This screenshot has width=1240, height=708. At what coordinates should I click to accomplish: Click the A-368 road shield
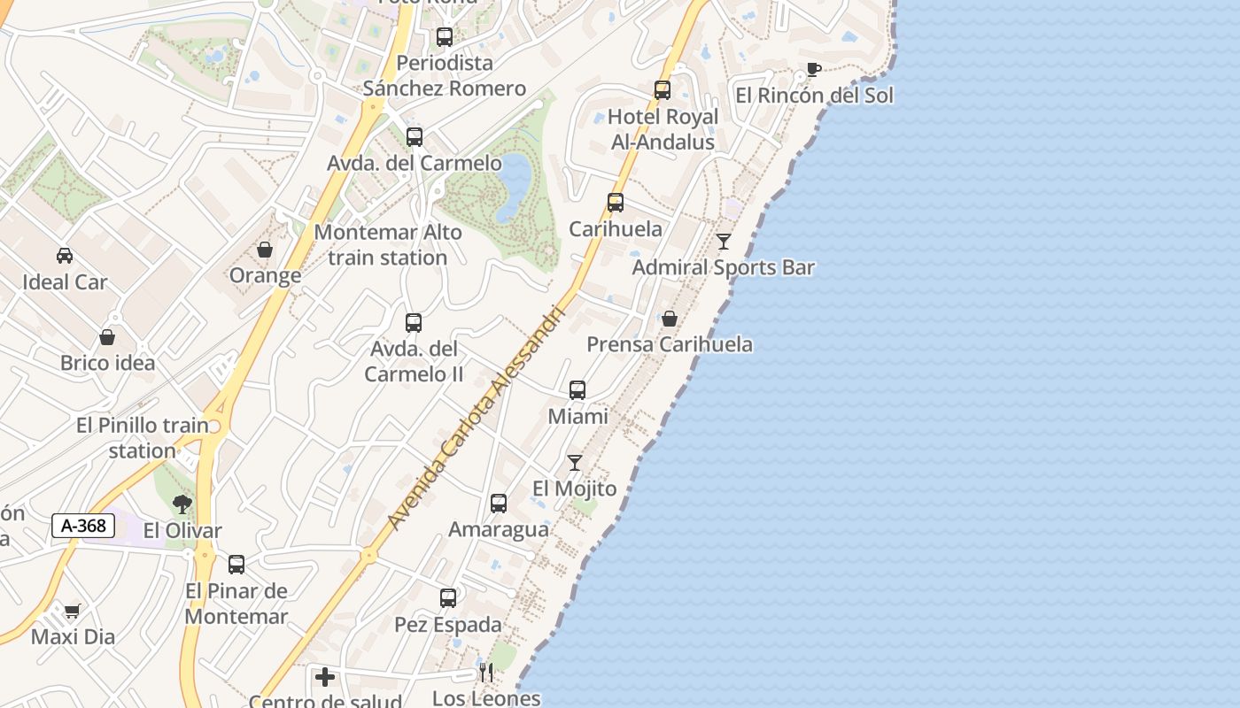point(84,526)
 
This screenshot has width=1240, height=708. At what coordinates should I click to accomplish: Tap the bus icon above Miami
point(577,390)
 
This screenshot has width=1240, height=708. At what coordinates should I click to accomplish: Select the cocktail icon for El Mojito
point(575,463)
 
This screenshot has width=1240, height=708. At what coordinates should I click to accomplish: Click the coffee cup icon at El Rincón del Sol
point(813,70)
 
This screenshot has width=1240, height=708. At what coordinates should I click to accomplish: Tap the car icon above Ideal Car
point(65,256)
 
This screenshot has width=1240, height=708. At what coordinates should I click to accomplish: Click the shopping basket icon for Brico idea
point(107,337)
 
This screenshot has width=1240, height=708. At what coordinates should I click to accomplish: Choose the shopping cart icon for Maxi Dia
point(73,611)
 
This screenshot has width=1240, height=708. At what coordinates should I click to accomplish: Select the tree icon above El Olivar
point(182,504)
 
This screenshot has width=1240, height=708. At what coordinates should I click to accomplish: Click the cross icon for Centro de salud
point(325,677)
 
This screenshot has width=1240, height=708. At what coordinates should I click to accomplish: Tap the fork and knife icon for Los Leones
point(485,672)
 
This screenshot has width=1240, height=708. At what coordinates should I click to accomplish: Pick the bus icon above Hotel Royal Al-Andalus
point(663,90)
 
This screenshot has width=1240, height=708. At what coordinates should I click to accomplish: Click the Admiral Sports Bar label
point(723,267)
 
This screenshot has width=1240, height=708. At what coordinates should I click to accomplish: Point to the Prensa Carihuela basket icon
point(670,319)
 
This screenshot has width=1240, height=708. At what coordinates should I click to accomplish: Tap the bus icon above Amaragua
point(499,504)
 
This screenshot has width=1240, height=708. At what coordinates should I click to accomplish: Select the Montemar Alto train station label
point(388,245)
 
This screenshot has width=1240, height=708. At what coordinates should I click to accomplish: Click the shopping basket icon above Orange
point(265,250)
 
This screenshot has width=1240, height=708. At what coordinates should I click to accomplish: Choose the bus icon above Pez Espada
point(448,598)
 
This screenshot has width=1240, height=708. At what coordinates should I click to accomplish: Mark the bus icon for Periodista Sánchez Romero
point(445,37)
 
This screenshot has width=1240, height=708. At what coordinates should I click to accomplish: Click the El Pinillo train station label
point(143,438)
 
